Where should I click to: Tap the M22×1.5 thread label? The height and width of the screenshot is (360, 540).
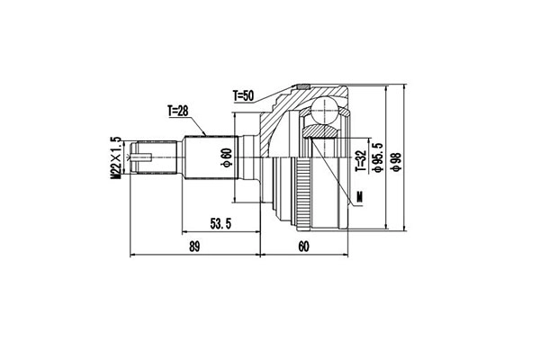coord(115,158)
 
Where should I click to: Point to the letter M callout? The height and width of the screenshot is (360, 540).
coord(359,196)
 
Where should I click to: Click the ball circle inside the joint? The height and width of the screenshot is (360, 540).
coord(322,112)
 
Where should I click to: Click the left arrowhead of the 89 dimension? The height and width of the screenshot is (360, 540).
coord(133,255)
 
